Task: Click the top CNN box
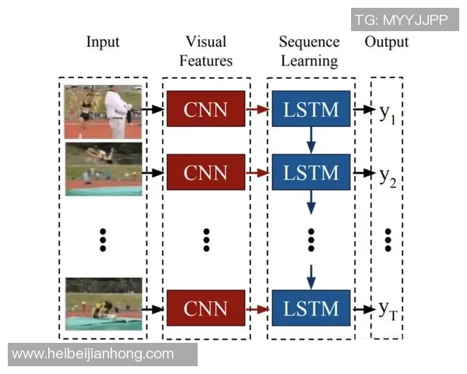click(205, 109)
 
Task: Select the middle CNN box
click(205, 171)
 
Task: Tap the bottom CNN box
click(205, 309)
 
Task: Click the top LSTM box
click(311, 109)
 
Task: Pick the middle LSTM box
click(311, 171)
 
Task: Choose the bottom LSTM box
click(311, 309)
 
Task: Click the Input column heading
click(103, 41)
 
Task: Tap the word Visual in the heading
click(205, 41)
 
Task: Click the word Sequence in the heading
click(309, 41)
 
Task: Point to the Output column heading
click(386, 41)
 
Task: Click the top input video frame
click(104, 112)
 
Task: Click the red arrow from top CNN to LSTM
click(258, 110)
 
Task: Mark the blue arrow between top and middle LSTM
click(311, 140)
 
